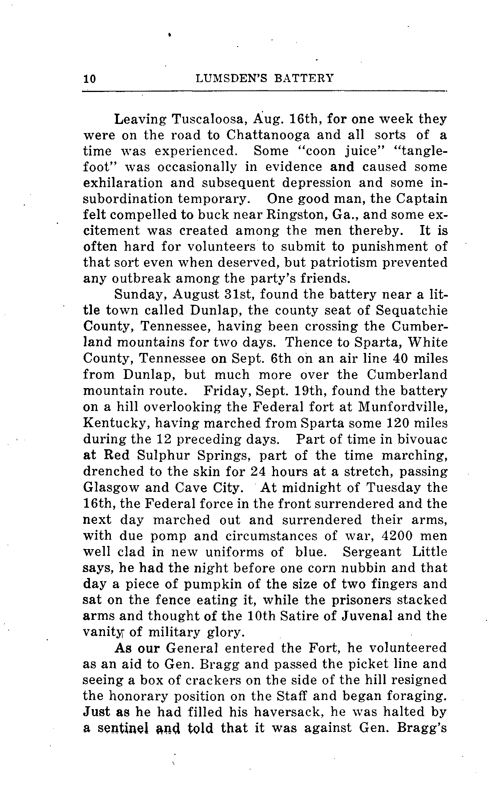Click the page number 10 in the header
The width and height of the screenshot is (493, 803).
(90, 79)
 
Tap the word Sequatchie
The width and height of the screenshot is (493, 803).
(411, 311)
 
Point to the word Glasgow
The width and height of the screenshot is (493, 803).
(110, 488)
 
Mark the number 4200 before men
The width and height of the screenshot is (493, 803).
(399, 536)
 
